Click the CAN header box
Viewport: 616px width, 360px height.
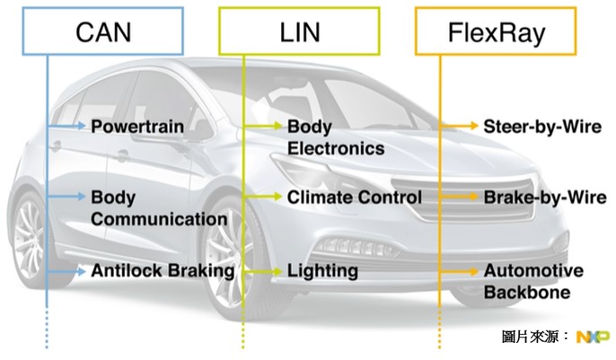point(102,33)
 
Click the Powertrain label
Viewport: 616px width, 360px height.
point(136,127)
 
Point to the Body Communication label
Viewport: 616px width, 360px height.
point(158,207)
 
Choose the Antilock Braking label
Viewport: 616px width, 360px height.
point(162,270)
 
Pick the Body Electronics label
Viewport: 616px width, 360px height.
point(335,137)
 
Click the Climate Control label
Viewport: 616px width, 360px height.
point(354,197)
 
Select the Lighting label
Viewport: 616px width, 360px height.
point(322,270)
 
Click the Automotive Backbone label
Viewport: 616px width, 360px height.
point(532,281)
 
